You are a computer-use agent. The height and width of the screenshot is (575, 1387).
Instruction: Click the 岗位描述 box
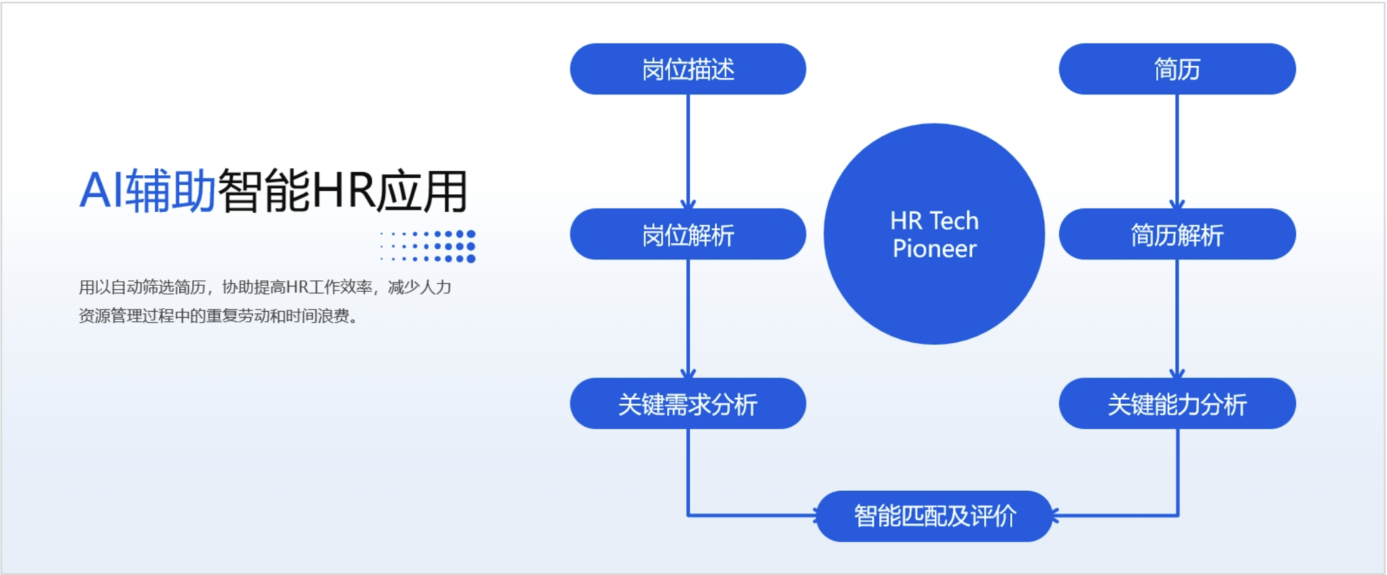tap(688, 69)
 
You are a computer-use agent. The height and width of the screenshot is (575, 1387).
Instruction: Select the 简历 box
tap(1177, 69)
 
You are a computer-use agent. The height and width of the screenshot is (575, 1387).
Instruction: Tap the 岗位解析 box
tap(688, 235)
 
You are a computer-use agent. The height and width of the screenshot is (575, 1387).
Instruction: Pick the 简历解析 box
tap(1177, 235)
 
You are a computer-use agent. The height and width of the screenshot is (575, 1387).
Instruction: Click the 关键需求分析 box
tap(688, 404)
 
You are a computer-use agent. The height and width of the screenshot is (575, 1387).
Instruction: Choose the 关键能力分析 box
tap(1177, 404)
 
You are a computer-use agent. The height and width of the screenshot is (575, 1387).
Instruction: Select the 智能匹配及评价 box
tap(934, 516)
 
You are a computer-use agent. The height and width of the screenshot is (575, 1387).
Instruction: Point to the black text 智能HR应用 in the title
tap(343, 191)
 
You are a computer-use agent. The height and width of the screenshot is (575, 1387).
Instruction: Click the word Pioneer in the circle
tap(934, 249)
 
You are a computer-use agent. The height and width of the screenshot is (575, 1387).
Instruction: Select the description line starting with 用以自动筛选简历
tap(265, 287)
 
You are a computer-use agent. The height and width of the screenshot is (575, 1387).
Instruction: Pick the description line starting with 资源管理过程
tap(217, 316)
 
